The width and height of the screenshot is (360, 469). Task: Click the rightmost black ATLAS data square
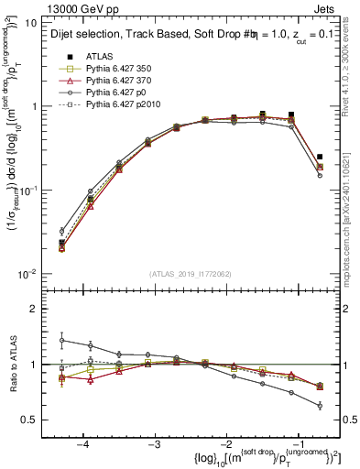click(320, 157)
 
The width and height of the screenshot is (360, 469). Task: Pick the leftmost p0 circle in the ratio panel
click(62, 340)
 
